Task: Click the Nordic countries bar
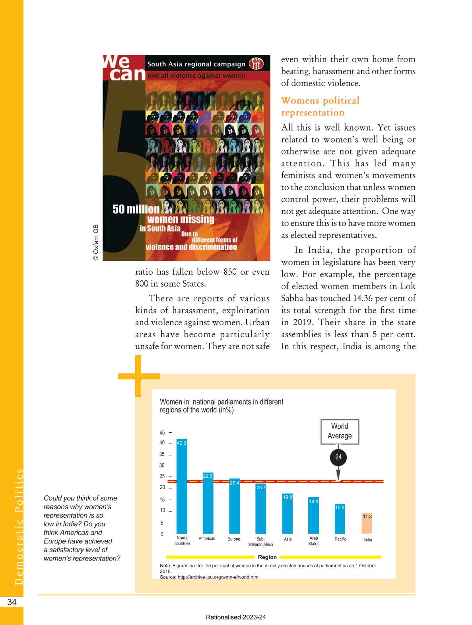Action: point(181,488)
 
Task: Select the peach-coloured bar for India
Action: point(367,525)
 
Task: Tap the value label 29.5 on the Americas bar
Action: point(208,476)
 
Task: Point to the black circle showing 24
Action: point(338,457)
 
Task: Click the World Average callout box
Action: point(340,432)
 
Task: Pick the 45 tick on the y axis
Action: point(162,433)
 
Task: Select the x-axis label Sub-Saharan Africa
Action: point(260,541)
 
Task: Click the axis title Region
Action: point(267,557)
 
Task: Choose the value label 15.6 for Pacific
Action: point(340,508)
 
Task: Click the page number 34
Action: point(12,602)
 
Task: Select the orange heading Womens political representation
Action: point(320,106)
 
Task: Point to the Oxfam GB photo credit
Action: point(96,243)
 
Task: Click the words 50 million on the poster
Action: point(136,209)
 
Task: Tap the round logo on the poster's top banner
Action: point(256,63)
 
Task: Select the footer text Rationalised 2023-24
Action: point(236,617)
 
